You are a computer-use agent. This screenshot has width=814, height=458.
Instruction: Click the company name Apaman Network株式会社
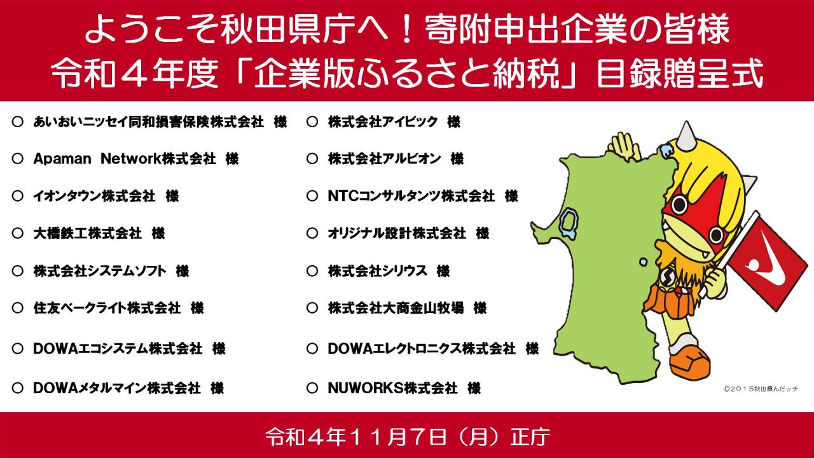coord(124,159)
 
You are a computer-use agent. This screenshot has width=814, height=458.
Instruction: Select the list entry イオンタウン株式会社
coord(94,197)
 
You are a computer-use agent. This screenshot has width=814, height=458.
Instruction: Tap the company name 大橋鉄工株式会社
coord(87,233)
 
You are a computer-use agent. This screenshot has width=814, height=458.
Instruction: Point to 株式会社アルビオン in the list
coord(385,159)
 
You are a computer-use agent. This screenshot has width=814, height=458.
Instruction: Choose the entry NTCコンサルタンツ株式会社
coord(411,197)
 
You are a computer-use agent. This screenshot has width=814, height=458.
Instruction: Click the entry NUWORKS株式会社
coord(392,388)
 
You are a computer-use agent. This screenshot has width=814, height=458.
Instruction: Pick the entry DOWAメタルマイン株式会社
coord(116,388)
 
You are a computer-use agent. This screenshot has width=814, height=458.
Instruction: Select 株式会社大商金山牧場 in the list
coord(396,309)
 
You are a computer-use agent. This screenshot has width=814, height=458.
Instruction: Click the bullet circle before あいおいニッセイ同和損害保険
coord(17,121)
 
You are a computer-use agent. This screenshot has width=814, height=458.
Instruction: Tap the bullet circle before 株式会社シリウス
coord(312,271)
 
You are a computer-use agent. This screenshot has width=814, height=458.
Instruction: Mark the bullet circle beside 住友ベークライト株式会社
coord(17,309)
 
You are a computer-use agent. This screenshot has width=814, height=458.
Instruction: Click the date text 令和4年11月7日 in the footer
coord(355,436)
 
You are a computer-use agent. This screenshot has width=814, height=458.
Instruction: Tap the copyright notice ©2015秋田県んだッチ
coord(761,389)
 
